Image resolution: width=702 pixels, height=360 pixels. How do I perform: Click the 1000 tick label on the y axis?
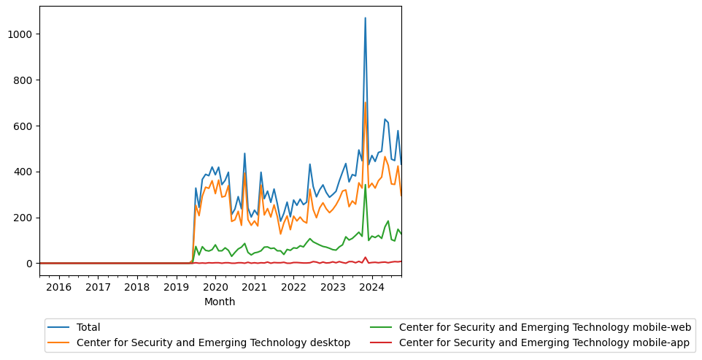[x=22, y=34]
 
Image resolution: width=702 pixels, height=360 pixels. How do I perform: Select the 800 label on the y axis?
[x=25, y=80]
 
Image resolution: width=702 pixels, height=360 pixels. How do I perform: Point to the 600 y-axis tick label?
[x=25, y=126]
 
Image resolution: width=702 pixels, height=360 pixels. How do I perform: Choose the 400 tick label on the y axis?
[x=25, y=172]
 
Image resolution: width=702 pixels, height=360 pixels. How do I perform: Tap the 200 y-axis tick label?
[x=25, y=218]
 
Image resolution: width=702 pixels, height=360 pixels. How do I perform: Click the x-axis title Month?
[x=220, y=302]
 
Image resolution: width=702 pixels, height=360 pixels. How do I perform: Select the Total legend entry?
[x=88, y=328]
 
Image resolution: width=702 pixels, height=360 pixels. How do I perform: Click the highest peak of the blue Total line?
[x=365, y=18]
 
